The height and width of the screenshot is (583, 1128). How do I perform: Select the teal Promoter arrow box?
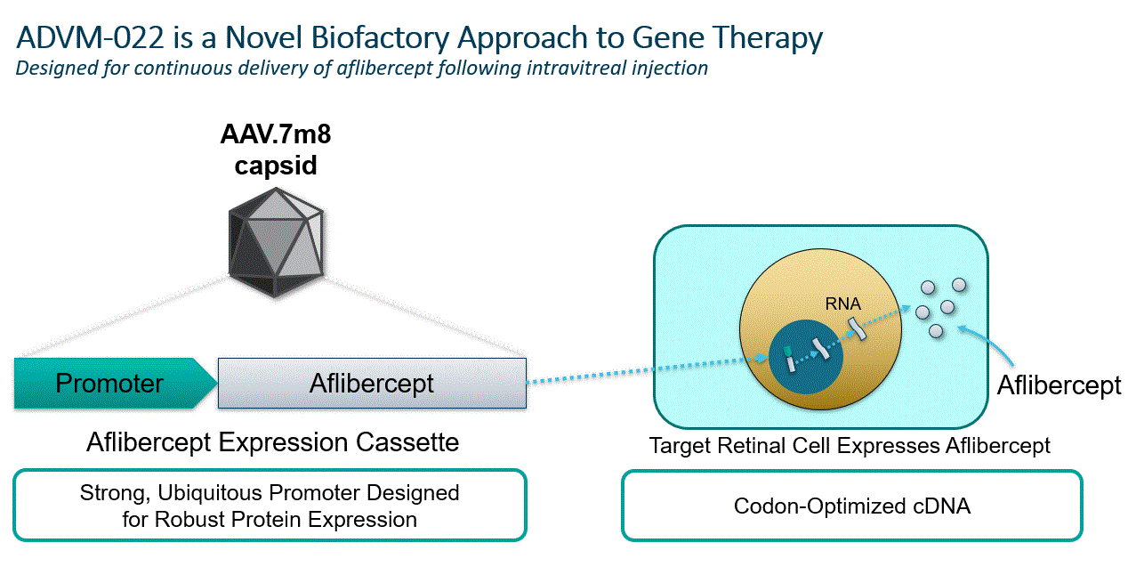pos(112,384)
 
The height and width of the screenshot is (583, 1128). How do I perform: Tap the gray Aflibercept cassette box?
pos(372,384)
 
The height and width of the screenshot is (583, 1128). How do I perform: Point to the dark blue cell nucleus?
pos(806,355)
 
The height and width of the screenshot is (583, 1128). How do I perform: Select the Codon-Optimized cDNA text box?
pos(851,506)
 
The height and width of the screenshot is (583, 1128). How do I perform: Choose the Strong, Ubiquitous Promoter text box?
pos(270,506)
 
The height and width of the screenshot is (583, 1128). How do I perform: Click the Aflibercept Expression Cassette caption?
pos(273,442)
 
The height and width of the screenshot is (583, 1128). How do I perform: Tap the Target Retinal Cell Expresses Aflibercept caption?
pos(850,445)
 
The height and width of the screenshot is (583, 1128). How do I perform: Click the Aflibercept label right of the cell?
pos(1059,385)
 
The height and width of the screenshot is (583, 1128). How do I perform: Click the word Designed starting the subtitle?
pos(53,68)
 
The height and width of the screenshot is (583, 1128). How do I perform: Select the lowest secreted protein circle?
pos(936,331)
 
